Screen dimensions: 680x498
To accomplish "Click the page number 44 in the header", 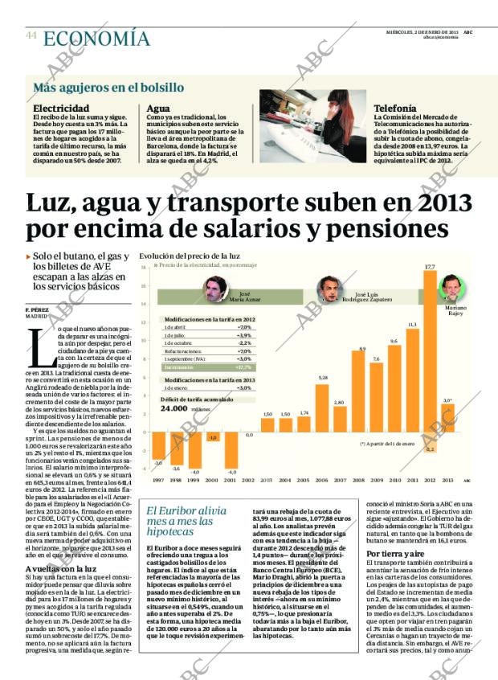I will tap(31, 35).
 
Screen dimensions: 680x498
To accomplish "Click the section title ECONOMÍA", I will tap(96, 38).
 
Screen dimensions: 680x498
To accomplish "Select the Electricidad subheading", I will tap(61, 108).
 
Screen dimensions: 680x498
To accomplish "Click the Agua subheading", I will tap(158, 108).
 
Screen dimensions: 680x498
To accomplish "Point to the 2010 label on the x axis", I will tap(394, 481).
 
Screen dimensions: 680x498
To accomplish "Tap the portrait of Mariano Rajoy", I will tap(451, 288).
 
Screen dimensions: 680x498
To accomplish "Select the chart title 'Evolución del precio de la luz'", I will tap(190, 255).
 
